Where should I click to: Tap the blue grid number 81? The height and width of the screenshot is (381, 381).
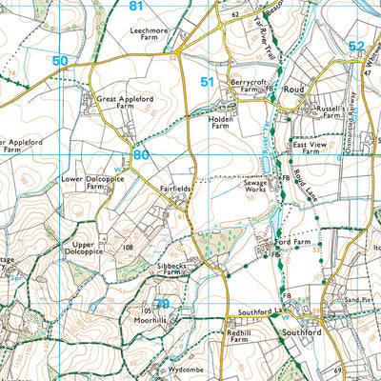pos(136,6)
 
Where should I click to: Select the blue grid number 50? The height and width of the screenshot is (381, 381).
pos(61,61)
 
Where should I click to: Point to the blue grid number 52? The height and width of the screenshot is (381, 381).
pos(355,46)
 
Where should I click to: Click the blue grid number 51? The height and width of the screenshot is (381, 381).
pos(208,83)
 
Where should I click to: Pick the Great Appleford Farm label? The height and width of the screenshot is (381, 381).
pos(120,103)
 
